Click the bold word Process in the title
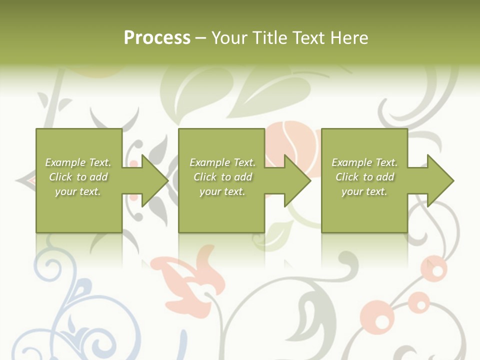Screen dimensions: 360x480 click(x=157, y=38)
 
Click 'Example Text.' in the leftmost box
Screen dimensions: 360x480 click(x=78, y=162)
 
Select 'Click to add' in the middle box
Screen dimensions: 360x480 click(x=222, y=177)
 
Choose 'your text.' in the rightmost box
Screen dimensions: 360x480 click(x=364, y=191)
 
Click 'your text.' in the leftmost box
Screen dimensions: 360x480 click(x=78, y=191)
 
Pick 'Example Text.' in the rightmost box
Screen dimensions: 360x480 click(x=364, y=162)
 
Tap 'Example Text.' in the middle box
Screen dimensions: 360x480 click(x=222, y=162)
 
